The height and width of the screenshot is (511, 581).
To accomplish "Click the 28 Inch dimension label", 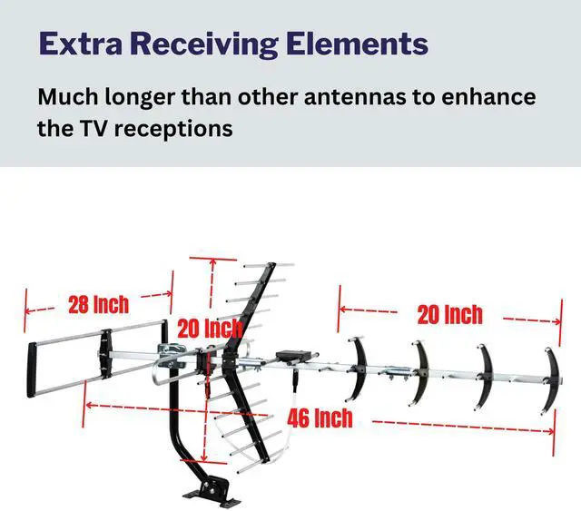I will (x=98, y=304).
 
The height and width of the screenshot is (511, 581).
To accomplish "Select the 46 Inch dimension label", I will (x=320, y=418).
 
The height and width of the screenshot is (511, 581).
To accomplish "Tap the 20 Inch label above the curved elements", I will (x=449, y=314).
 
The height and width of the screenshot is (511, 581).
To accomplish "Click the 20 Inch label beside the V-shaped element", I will (x=209, y=328).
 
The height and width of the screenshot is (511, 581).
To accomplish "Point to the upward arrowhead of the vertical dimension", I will (x=212, y=260).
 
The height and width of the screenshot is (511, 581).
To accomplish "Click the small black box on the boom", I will (x=294, y=355).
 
